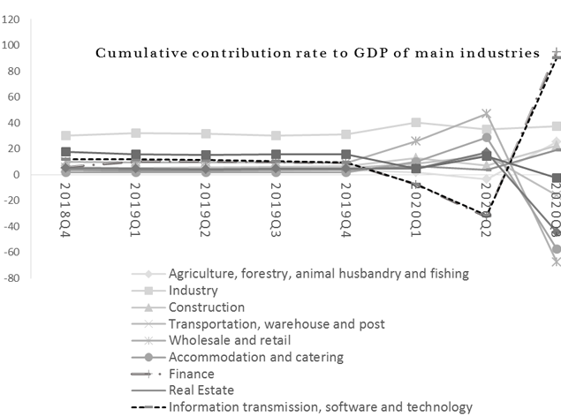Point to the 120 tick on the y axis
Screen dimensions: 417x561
(11, 19)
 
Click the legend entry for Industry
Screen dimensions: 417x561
(194, 290)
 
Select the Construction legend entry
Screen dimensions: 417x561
(207, 307)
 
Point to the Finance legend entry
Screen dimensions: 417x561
(192, 374)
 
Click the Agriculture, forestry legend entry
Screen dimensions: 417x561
(320, 274)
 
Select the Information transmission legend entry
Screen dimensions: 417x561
(320, 406)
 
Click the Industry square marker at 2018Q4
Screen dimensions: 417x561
(66, 136)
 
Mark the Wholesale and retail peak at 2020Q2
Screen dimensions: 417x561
(486, 114)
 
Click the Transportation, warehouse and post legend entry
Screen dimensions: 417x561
(277, 323)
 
